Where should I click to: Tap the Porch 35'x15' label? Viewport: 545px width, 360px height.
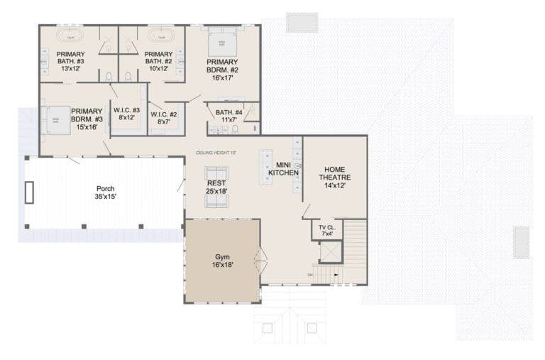[105, 192]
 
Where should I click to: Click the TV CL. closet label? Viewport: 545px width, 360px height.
[327, 231]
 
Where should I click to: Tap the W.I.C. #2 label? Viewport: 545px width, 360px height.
[164, 118]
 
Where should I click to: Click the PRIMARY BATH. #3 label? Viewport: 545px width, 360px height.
[70, 61]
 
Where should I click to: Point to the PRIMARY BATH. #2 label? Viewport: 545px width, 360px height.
[158, 61]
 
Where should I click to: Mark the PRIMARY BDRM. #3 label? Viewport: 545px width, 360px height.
[87, 118]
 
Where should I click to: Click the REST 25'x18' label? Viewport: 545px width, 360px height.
[216, 187]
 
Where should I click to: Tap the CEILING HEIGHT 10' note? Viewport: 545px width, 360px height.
[216, 153]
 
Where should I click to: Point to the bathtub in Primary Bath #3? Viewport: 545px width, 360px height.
[71, 36]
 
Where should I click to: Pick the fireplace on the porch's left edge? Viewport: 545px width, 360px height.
[29, 192]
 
